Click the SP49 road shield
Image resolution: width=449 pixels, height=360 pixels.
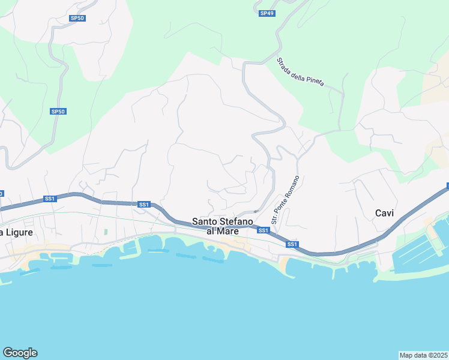pyautogui.click(x=267, y=13)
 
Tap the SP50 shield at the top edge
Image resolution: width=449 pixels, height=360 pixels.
pyautogui.click(x=77, y=19)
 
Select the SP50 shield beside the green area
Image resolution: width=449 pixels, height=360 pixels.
pyautogui.click(x=58, y=112)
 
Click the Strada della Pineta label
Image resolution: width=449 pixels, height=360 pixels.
pyautogui.click(x=300, y=72)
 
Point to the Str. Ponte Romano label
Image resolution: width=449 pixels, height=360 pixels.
pyautogui.click(x=285, y=200)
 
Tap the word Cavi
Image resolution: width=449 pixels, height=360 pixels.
pyautogui.click(x=384, y=213)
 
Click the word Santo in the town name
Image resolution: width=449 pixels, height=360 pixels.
pyautogui.click(x=205, y=222)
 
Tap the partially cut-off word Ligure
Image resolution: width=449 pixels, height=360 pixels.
pyautogui.click(x=18, y=232)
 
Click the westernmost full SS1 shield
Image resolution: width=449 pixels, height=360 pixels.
pyautogui.click(x=50, y=199)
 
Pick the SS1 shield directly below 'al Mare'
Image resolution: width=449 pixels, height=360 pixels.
pyautogui.click(x=263, y=230)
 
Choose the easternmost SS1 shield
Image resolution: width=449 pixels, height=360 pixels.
pyautogui.click(x=292, y=244)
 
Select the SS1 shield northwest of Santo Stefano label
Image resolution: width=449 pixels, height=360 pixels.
pyautogui.click(x=143, y=205)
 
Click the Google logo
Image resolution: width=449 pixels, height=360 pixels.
pyautogui.click(x=20, y=353)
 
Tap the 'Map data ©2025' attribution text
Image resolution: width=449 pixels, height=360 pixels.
pyautogui.click(x=424, y=355)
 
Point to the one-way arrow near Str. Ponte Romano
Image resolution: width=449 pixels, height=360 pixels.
pyautogui.click(x=256, y=211)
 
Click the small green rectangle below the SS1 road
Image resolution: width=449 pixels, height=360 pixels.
pyautogui.click(x=106, y=232)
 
